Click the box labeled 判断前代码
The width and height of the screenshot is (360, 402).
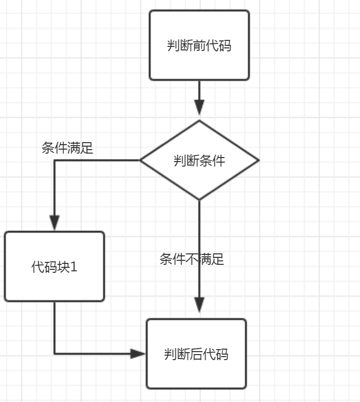coord(199,45)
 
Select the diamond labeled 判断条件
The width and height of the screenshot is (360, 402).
coord(199,160)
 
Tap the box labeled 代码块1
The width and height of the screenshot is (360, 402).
coord(54,266)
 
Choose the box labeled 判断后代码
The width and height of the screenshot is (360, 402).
coord(196,354)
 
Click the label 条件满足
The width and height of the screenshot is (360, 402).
coord(67,148)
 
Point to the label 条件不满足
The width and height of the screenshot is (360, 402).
coord(192,259)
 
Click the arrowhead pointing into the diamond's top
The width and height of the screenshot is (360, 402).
coord(199,107)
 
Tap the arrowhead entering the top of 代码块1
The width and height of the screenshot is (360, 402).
coord(54,222)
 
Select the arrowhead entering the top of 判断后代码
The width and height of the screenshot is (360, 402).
coord(199,305)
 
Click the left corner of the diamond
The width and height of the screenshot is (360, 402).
coord(140,160)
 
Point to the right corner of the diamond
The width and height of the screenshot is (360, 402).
coord(258,160)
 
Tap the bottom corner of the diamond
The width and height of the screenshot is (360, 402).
coord(199,200)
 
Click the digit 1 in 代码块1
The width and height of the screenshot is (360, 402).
coord(74,267)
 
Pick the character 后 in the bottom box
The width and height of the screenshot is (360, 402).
coord(196,354)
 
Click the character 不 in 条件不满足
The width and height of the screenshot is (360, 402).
coord(192,259)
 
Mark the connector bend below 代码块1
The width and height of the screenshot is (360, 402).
coord(54,354)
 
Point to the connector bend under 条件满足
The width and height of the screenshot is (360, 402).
coord(54,160)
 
